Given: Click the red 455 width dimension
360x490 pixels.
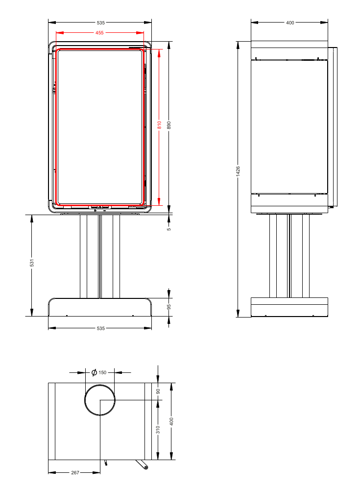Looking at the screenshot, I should pos(99,33).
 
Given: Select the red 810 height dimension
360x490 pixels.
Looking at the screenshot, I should pos(159,125).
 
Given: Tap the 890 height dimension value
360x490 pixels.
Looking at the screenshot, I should pos(169,125).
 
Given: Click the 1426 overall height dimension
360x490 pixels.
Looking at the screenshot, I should pos(238,171).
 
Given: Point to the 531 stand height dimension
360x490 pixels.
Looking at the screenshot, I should pos(32,263).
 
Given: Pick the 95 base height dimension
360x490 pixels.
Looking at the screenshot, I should pos(169,307).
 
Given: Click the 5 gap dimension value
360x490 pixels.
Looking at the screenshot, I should pos(169,228).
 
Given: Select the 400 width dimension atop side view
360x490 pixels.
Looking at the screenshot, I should pos(290,23).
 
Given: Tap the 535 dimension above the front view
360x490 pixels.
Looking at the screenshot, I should pos(100,23).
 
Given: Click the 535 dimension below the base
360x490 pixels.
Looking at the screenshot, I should pos(100,328).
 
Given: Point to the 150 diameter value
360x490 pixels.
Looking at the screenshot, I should pos(102,372).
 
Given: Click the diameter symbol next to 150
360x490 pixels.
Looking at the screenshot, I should pos(94,372).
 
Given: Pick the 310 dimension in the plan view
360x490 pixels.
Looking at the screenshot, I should pos(158,430).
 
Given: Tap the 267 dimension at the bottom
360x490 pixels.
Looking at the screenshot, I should pos(75,473).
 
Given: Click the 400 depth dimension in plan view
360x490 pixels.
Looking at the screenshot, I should pos(171,421).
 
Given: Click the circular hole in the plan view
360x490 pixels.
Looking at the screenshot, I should pos(100,400).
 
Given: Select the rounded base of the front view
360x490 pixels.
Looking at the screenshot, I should pos(100,307).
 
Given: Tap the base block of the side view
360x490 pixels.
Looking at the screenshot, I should pos(289,307).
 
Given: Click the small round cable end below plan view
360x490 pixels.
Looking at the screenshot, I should pos(146,468).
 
